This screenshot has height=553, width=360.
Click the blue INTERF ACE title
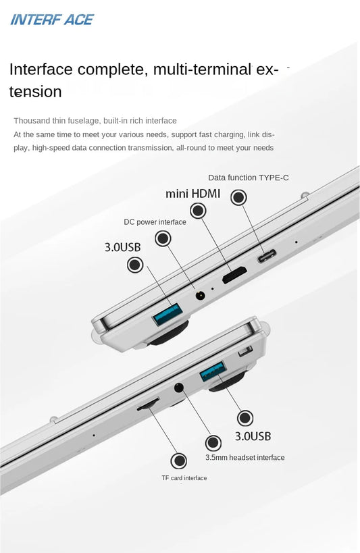[52, 20]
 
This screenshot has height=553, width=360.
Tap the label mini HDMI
[192, 194]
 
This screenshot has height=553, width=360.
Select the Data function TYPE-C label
[248, 178]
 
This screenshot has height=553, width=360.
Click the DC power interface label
[155, 222]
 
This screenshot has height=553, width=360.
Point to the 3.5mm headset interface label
[245, 457]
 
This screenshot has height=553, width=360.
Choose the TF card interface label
[184, 478]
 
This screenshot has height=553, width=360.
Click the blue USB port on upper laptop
[168, 313]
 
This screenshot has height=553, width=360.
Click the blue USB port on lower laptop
[213, 372]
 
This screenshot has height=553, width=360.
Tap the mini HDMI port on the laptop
[234, 275]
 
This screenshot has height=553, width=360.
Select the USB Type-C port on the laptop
[267, 256]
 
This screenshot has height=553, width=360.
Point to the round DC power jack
[201, 295]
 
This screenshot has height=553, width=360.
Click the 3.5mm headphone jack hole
[179, 388]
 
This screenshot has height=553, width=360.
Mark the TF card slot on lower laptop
[148, 404]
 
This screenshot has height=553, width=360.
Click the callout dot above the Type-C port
[238, 197]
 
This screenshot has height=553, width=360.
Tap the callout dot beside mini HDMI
[198, 211]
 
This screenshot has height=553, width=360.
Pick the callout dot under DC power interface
[163, 238]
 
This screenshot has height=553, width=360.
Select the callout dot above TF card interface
[178, 460]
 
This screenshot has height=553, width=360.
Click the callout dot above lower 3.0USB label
[245, 418]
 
